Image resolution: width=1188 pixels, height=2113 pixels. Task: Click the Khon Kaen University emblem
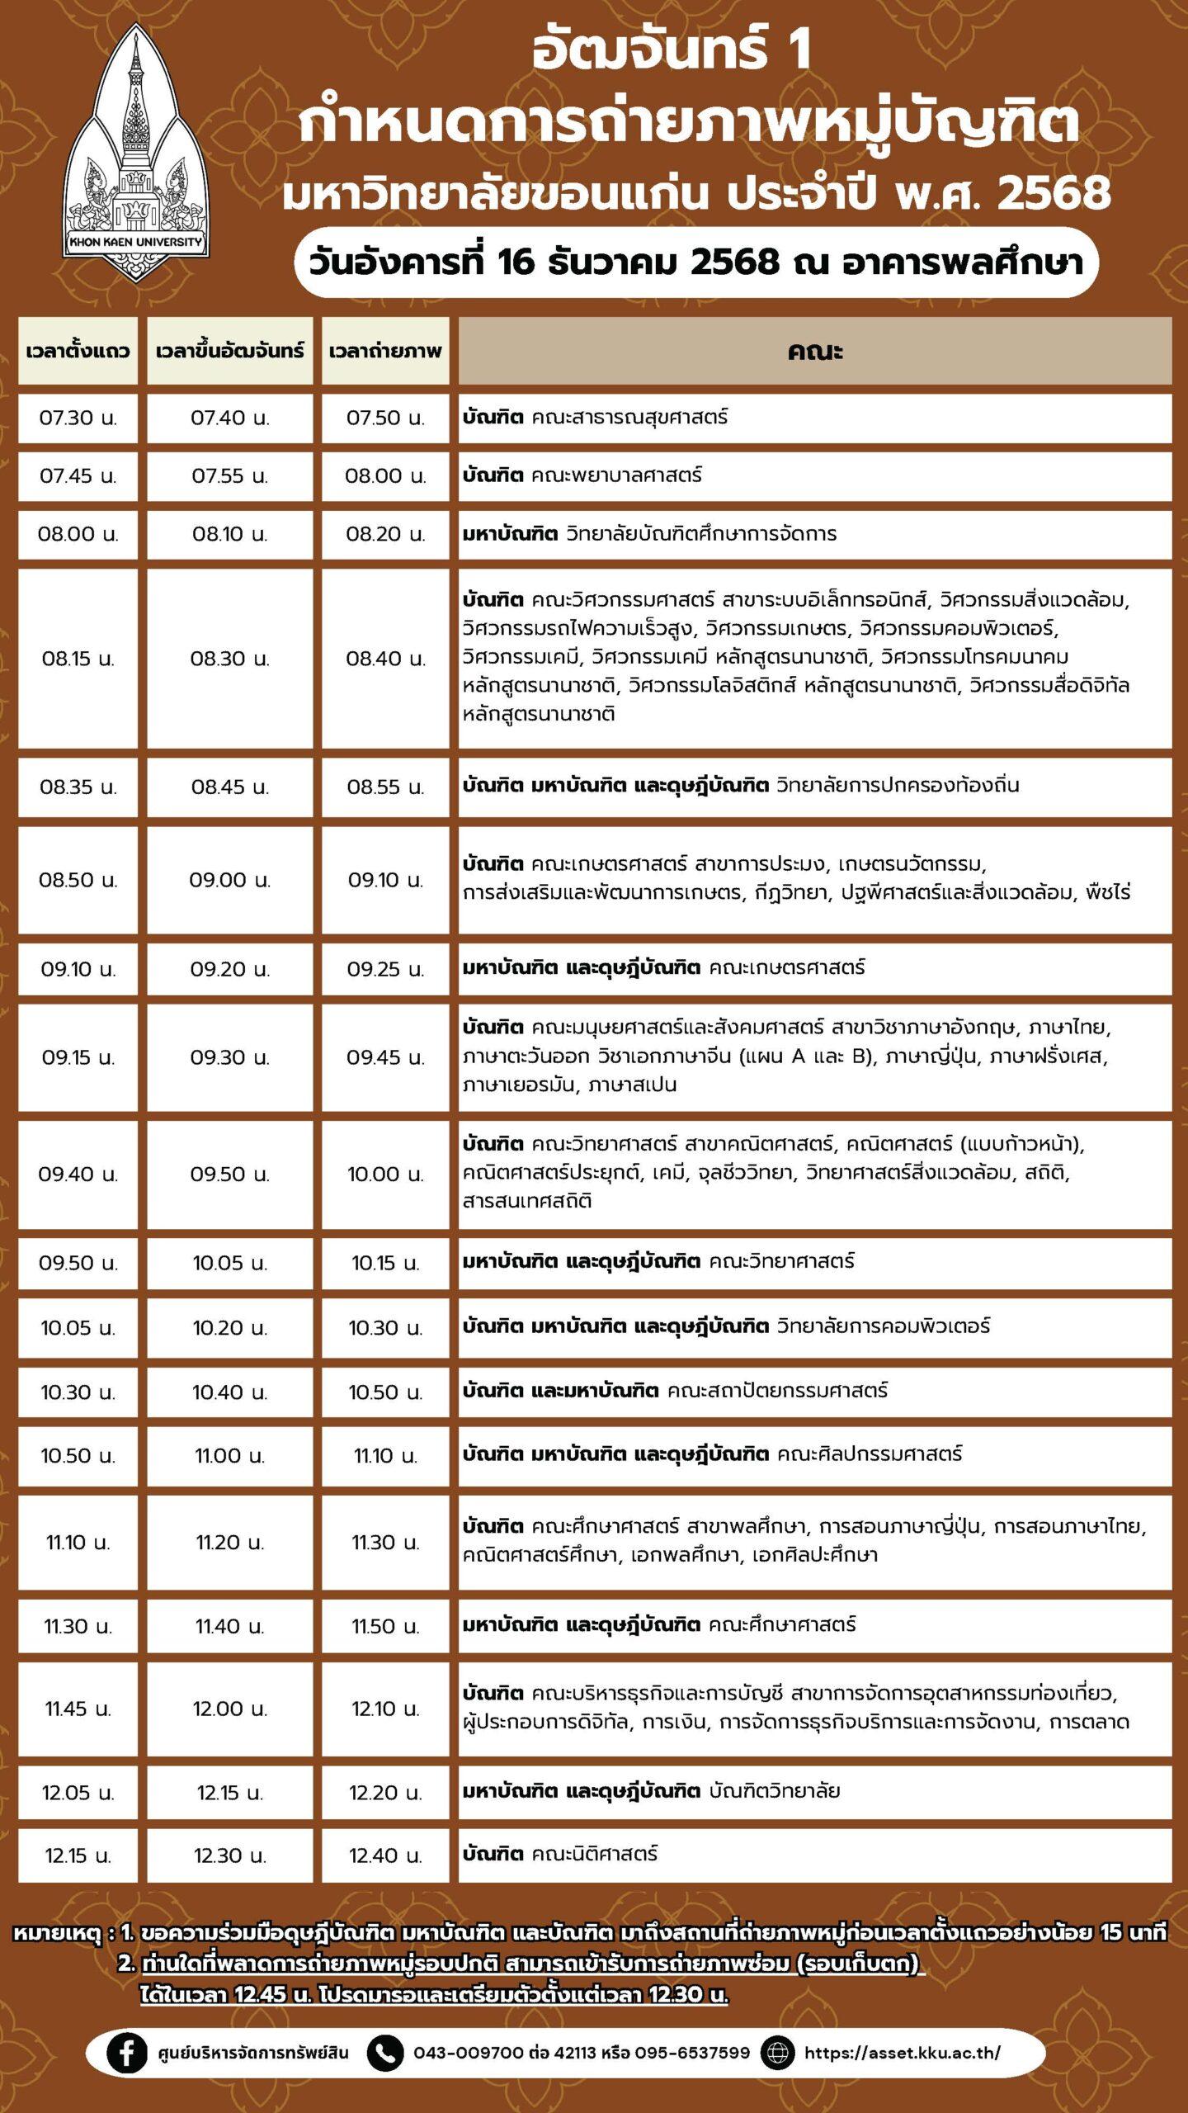[136, 153]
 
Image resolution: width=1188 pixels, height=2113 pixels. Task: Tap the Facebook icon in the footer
[127, 2052]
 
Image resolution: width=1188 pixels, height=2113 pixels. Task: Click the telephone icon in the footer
[384, 2052]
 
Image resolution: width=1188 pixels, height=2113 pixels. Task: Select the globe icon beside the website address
[777, 2052]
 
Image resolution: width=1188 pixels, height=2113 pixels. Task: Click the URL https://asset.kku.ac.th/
[902, 2052]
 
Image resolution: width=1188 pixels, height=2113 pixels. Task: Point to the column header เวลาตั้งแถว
[78, 351]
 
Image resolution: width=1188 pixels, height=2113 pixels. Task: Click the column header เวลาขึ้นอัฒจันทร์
[230, 351]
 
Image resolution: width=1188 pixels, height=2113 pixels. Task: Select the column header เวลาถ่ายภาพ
[385, 351]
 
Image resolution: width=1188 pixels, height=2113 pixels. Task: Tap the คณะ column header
[814, 351]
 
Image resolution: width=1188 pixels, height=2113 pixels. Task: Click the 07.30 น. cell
[78, 418]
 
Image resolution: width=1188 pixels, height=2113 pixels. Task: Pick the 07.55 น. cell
[230, 476]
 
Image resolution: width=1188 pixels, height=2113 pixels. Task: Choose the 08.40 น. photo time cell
[385, 659]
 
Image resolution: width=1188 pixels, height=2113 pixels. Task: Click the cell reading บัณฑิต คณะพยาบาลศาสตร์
[582, 475]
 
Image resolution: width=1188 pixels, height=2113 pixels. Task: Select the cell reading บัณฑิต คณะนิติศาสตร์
[560, 1854]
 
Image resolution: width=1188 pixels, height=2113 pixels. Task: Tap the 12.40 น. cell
[385, 1855]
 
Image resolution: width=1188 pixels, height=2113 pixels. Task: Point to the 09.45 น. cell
[385, 1057]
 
